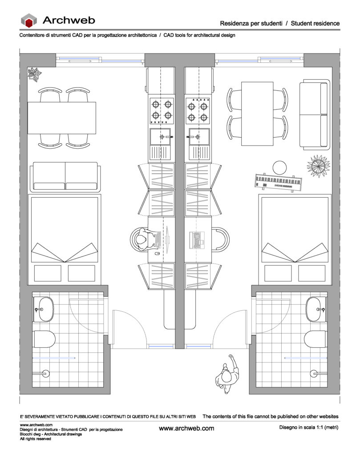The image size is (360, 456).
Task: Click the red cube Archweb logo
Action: pyautogui.click(x=29, y=20)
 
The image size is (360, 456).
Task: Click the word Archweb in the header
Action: pyautogui.click(x=69, y=20)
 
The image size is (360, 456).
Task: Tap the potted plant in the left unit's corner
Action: pyautogui.click(x=35, y=74)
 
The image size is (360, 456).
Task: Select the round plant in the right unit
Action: pyautogui.click(x=319, y=166)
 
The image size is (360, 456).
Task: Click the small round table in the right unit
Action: pyautogui.click(x=279, y=168)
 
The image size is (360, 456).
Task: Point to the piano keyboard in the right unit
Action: pyautogui.click(x=279, y=182)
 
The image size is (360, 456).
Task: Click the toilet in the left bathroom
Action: pyautogui.click(x=44, y=339)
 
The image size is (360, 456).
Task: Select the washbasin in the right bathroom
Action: pyautogui.click(x=316, y=309)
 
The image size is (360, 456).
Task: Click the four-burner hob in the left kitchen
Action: pyautogui.click(x=162, y=111)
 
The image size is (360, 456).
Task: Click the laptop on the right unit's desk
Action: pyautogui.click(x=197, y=240)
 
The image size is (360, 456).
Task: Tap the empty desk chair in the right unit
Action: pyautogui.click(x=221, y=239)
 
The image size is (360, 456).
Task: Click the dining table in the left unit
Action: pyautogui.click(x=62, y=118)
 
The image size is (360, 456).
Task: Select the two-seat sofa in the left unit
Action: pyautogui.click(x=65, y=177)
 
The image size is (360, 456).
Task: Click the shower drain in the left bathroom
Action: pyautogui.click(x=46, y=374)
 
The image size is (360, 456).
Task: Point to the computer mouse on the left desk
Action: pyautogui.click(x=157, y=253)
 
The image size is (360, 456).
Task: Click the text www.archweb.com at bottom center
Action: pyautogui.click(x=186, y=428)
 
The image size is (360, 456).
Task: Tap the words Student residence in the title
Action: pyautogui.click(x=315, y=23)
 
